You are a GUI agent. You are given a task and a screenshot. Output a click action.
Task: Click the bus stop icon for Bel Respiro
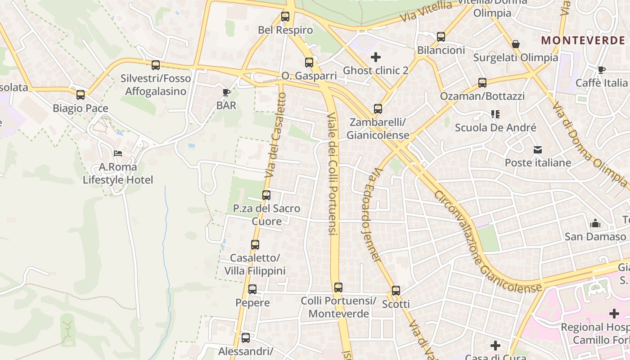tap(285, 17)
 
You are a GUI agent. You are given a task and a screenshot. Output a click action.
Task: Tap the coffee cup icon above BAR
tap(226, 93)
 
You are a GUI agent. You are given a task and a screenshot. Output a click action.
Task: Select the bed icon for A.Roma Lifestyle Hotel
tap(118, 153)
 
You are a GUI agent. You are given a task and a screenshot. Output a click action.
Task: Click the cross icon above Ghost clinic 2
tap(376, 57)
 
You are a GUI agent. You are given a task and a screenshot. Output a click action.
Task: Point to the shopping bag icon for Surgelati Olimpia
tap(516, 44)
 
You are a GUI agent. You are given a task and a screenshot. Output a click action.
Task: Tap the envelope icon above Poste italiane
tap(538, 150)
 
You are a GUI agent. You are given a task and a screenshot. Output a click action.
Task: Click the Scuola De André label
tap(495, 127)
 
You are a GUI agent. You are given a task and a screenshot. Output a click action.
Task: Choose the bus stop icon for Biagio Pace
tap(81, 95)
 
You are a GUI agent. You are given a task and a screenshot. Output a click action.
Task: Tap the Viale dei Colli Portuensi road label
tap(332, 175)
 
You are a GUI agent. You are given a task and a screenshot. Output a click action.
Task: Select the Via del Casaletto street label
tap(275, 135)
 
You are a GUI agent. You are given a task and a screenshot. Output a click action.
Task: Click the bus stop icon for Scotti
tap(396, 291)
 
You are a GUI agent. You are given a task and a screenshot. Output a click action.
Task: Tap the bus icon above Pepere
tap(252, 289)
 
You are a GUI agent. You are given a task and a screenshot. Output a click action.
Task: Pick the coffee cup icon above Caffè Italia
tap(602, 70)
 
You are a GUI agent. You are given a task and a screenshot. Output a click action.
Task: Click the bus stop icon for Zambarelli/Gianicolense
tap(378, 109)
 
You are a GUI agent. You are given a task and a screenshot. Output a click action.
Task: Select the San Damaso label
tap(595, 236)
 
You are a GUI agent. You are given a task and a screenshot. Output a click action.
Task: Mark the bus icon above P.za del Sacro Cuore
tap(266, 195)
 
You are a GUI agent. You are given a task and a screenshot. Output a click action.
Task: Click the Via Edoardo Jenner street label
tap(371, 215)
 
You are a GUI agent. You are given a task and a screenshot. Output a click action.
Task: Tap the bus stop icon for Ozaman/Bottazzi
tap(482, 83)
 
